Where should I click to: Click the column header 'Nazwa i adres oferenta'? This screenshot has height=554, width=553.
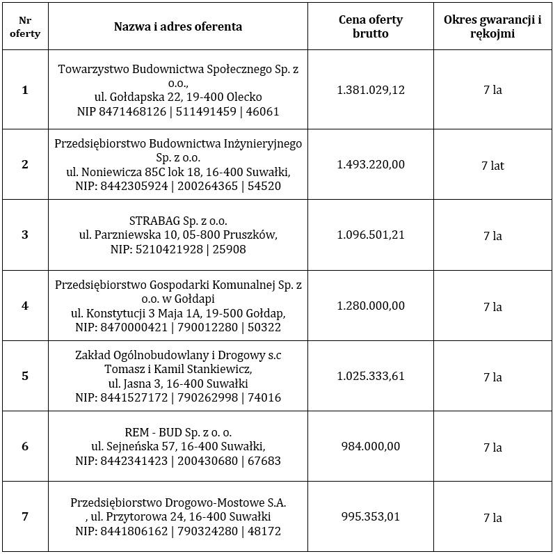click(178, 27)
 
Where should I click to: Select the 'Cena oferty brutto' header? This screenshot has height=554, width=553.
click(370, 26)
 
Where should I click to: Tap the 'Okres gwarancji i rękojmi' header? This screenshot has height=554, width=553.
click(492, 26)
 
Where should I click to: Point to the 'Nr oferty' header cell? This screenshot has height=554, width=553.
click(25, 27)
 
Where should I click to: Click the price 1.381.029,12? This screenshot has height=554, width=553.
click(370, 90)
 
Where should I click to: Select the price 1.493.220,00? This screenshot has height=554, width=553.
click(370, 165)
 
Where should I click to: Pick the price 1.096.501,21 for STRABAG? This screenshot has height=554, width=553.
click(370, 235)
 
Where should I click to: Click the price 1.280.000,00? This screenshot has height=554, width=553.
click(370, 306)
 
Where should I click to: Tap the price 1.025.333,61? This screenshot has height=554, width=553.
click(370, 377)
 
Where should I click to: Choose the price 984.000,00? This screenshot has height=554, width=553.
click(370, 447)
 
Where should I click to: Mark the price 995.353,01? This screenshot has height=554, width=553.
click(370, 517)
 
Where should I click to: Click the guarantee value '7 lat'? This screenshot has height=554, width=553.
click(492, 166)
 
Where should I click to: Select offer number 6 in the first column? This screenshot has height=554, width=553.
click(25, 447)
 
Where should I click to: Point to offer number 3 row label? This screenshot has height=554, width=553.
click(25, 235)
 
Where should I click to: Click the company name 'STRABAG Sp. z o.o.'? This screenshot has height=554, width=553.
click(178, 221)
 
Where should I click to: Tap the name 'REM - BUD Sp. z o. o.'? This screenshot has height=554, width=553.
click(178, 432)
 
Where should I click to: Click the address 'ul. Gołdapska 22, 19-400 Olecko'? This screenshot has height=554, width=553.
click(178, 97)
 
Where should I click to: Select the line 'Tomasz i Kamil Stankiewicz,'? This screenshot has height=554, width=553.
click(178, 369)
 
